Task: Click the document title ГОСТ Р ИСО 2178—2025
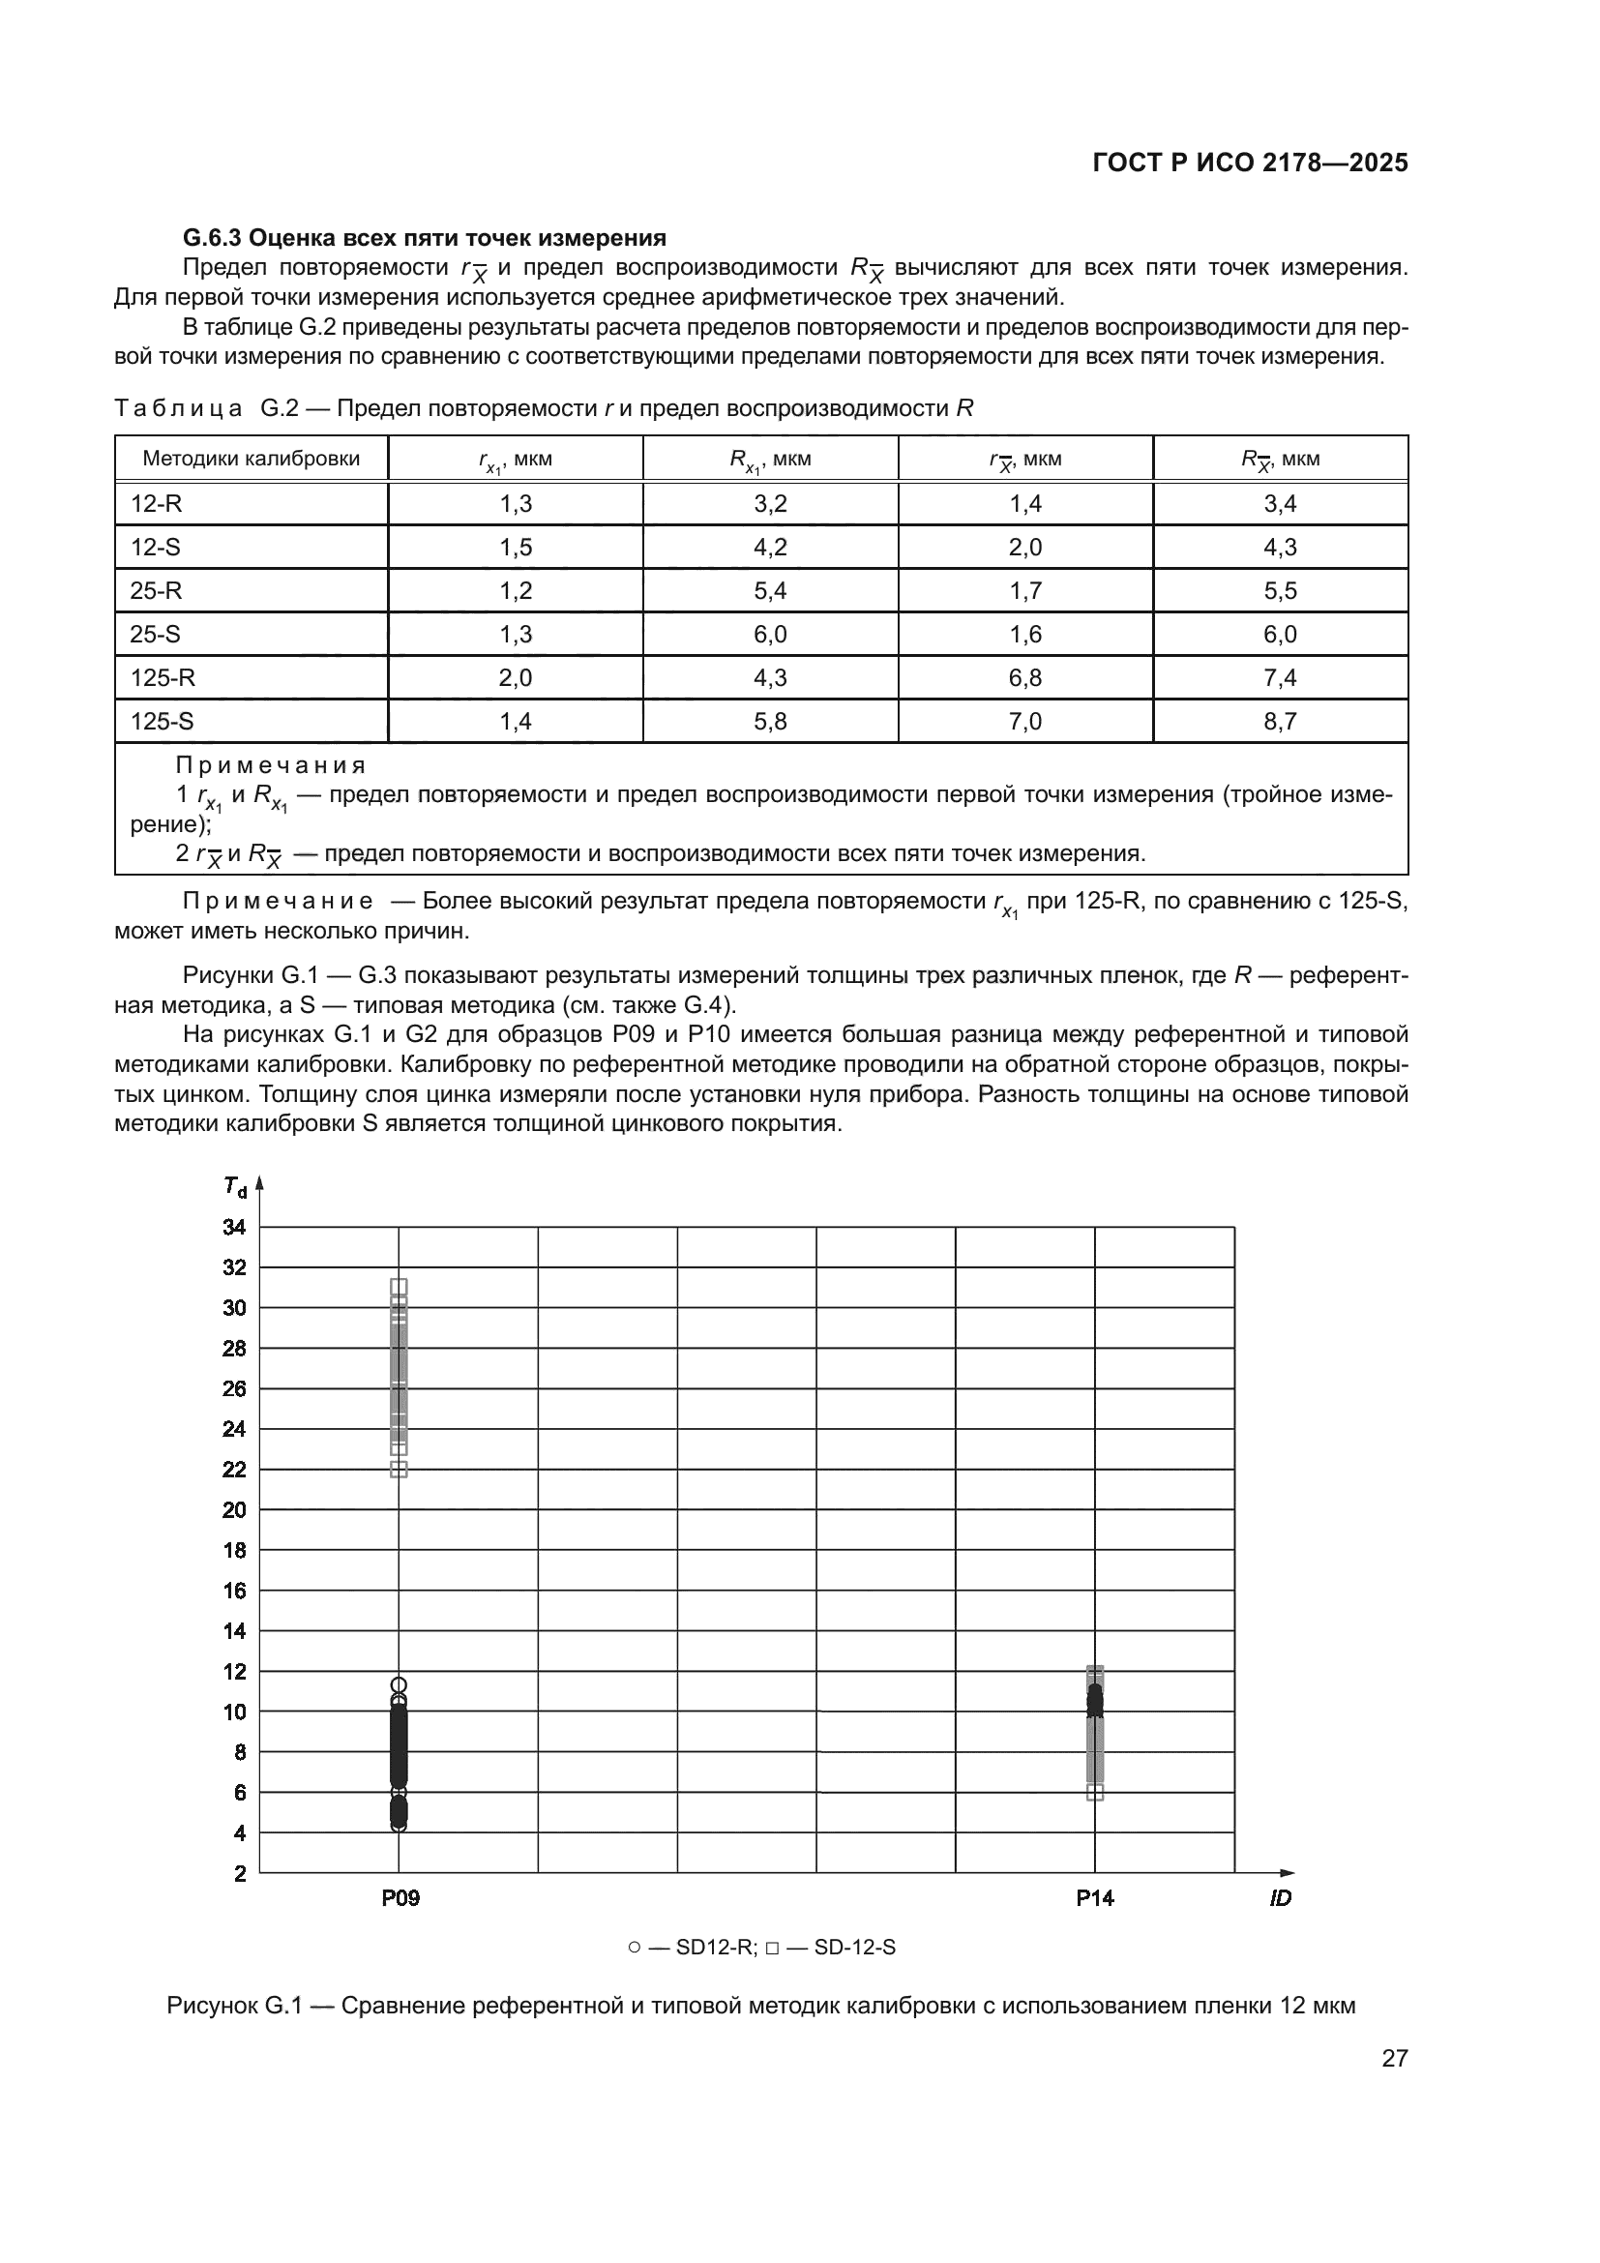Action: [x=1249, y=164]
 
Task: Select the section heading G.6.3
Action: [x=424, y=238]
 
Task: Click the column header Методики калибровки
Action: [x=252, y=459]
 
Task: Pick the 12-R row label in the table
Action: [x=157, y=504]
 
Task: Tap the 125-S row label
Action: [x=163, y=722]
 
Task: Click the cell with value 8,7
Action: [x=1280, y=722]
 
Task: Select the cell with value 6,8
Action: [x=1024, y=678]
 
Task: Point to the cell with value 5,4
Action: [x=769, y=591]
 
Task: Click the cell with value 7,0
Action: [x=1024, y=722]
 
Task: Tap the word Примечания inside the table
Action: [x=270, y=766]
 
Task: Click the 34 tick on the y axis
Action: [x=234, y=1228]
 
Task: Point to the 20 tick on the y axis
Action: [x=234, y=1510]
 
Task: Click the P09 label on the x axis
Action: [x=400, y=1898]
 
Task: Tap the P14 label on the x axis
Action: [x=1095, y=1898]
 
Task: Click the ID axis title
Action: [x=1280, y=1898]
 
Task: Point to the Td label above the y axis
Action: [x=234, y=1187]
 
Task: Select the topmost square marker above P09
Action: [x=399, y=1286]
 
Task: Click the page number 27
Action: [x=1394, y=2058]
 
